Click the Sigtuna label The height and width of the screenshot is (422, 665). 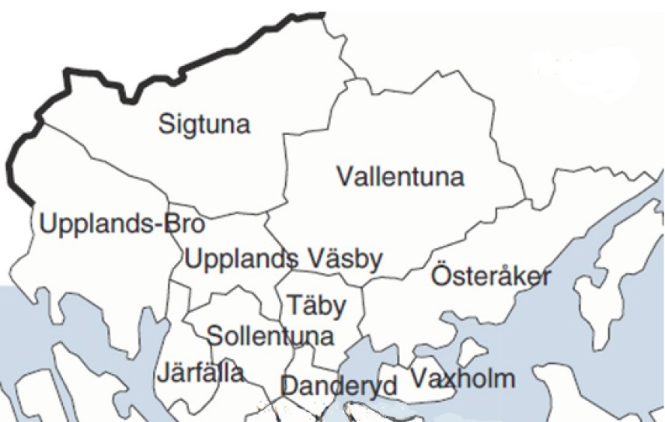tap(204, 124)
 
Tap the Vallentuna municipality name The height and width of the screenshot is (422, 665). tap(400, 176)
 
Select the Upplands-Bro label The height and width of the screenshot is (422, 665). tap(122, 225)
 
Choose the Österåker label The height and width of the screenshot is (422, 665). tap(491, 276)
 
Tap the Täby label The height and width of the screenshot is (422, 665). tap(317, 306)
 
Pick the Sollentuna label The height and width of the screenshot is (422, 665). tap(270, 336)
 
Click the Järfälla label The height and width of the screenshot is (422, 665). tap(200, 372)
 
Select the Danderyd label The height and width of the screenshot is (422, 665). tap(339, 385)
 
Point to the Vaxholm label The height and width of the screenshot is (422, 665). tap(462, 379)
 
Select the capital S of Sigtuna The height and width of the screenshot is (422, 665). tap(167, 124)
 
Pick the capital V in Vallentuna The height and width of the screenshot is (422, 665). tap(345, 176)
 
